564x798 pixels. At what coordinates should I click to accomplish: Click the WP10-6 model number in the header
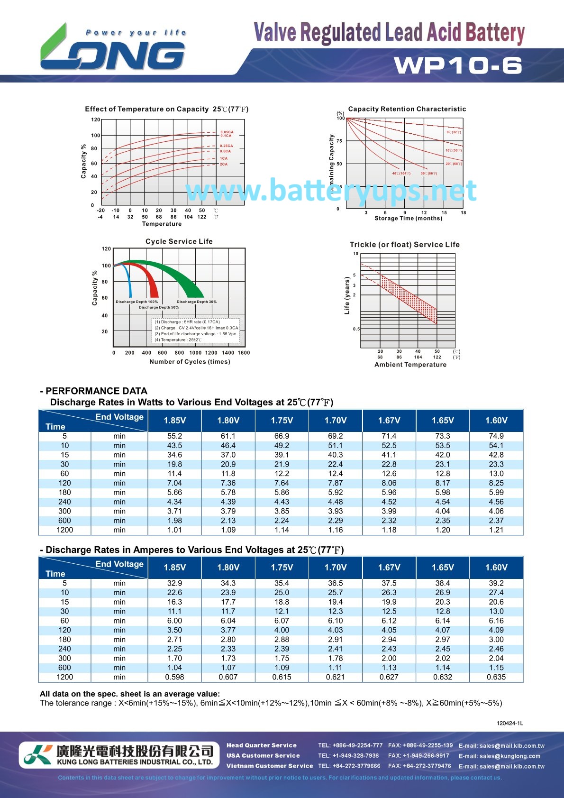458,65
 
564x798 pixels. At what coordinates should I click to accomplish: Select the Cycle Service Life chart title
179,241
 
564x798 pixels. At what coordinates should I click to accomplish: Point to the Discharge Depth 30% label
196,302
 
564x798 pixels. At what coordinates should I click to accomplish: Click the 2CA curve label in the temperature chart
224,164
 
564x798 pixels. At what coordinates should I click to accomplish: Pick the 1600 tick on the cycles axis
244,353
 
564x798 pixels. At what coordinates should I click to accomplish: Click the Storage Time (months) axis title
408,218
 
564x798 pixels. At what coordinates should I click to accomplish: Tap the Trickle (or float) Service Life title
404,245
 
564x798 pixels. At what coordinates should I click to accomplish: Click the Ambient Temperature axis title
410,365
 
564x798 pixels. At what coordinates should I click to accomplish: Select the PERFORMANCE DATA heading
96,391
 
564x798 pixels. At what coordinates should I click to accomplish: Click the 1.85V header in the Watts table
174,420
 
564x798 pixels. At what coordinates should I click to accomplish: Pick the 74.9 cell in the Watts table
496,436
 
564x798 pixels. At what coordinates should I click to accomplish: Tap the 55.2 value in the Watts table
174,436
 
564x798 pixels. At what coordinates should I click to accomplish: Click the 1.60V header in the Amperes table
496,567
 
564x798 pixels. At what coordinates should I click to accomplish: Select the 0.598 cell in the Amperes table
174,677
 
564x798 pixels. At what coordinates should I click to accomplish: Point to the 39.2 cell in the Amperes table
496,583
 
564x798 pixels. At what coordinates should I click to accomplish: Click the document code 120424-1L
509,723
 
